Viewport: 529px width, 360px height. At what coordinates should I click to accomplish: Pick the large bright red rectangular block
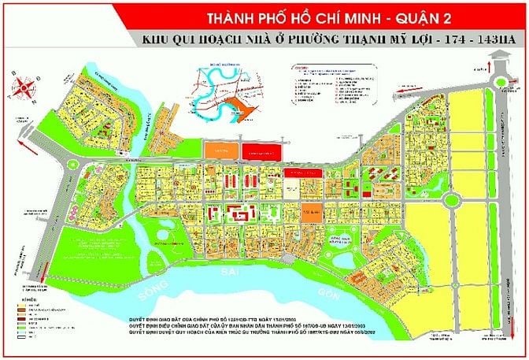(x=262, y=152)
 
